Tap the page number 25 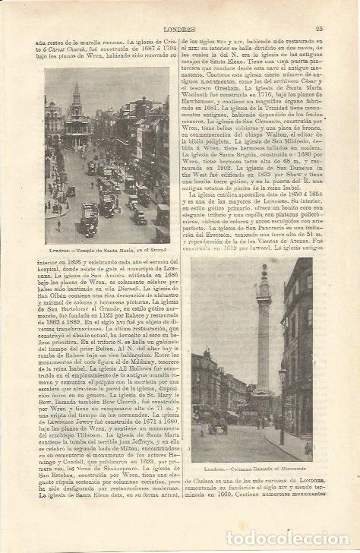(319, 29)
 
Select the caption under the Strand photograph (106, 251)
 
